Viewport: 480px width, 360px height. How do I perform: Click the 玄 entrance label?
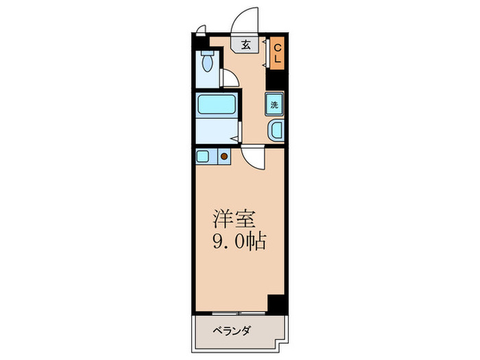[245, 45]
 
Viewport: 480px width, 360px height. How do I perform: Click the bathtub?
[216, 105]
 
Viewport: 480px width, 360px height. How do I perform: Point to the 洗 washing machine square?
[274, 106]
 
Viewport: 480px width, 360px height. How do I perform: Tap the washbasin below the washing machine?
[275, 130]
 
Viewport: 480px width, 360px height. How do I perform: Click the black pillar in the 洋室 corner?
[276, 302]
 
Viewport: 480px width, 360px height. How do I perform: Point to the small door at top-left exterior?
[200, 29]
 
